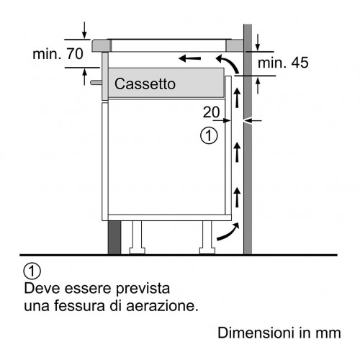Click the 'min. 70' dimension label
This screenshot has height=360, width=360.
coord(58,54)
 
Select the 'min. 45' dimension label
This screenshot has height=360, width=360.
coord(283,63)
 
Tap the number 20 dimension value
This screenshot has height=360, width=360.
coord(211,112)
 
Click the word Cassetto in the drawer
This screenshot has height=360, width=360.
coord(145,84)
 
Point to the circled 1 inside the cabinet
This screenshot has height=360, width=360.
coord(209,136)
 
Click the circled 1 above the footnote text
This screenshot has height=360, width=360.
coord(32,271)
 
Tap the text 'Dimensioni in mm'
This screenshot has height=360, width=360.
coord(279,333)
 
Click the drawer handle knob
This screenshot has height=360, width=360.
coord(96,83)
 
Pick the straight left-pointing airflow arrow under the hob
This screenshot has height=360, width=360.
coord(190,58)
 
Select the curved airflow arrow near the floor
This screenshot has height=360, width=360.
coord(228,233)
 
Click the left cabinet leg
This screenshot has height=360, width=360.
coord(137,237)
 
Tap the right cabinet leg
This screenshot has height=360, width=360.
coord(207,237)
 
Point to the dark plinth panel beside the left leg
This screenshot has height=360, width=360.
coord(114,238)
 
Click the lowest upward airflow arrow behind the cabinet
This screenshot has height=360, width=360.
coord(237,197)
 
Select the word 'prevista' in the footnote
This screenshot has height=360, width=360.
coord(143,289)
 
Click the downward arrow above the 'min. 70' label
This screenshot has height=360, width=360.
coord(84,30)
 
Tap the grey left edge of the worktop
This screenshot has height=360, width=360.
coord(102,45)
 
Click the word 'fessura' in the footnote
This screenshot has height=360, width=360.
coord(80,306)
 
